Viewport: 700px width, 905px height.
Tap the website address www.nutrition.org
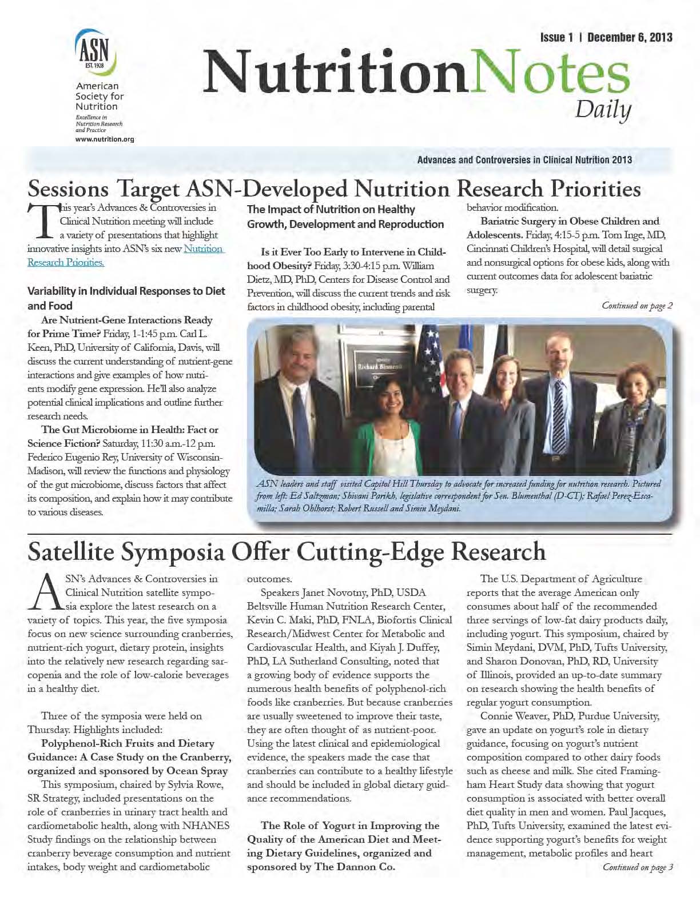[105, 139]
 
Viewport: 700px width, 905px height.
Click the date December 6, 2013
[629, 38]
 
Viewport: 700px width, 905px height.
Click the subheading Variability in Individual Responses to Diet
[126, 291]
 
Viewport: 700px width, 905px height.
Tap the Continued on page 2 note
[637, 306]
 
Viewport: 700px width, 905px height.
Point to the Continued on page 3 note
[637, 867]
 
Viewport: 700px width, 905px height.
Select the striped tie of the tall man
[560, 414]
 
